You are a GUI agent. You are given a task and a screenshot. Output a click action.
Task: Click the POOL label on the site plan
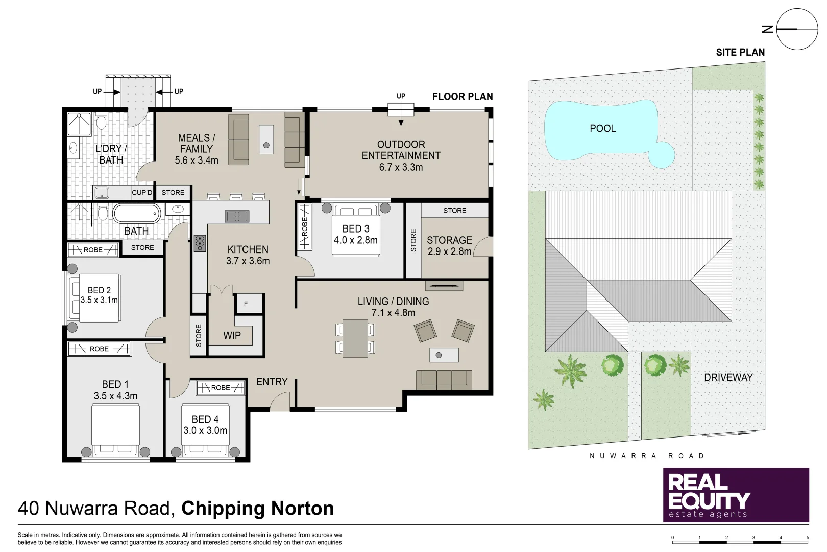pyautogui.click(x=602, y=129)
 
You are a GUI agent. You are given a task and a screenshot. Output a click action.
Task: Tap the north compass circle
pyautogui.click(x=797, y=29)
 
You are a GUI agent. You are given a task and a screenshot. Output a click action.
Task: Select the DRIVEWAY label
pyautogui.click(x=728, y=377)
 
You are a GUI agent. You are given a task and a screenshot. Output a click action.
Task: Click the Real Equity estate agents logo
pyautogui.click(x=736, y=495)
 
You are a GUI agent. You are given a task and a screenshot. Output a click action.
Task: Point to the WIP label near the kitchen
pyautogui.click(x=232, y=336)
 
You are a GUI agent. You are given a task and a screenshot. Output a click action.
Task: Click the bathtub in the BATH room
pyautogui.click(x=136, y=213)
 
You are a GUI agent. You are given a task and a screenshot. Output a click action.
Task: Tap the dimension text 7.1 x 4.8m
pyautogui.click(x=393, y=313)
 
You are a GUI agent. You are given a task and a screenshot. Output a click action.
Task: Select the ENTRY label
pyautogui.click(x=272, y=382)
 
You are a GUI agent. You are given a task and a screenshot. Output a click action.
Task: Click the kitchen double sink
pyautogui.click(x=237, y=216)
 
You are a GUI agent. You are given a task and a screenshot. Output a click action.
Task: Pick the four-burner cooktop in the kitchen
pyautogui.click(x=200, y=243)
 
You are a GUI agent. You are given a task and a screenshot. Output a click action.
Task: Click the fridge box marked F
pyautogui.click(x=246, y=304)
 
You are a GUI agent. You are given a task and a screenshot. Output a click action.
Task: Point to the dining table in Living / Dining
pyautogui.click(x=355, y=338)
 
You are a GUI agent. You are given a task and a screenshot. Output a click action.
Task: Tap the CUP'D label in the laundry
pyautogui.click(x=142, y=193)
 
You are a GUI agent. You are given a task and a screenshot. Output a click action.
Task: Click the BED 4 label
pyautogui.click(x=205, y=419)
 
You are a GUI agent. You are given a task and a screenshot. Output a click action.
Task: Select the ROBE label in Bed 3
pyautogui.click(x=305, y=226)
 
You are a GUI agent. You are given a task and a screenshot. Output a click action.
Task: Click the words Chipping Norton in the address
pyautogui.click(x=257, y=509)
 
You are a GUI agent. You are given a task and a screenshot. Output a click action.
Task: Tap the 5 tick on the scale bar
pyautogui.click(x=807, y=538)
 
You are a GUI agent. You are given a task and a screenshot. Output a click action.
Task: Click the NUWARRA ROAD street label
pyautogui.click(x=646, y=456)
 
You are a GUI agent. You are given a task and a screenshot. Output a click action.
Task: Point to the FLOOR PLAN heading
pyautogui.click(x=462, y=97)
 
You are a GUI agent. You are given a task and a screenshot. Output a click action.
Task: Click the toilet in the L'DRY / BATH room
pyautogui.click(x=101, y=122)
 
